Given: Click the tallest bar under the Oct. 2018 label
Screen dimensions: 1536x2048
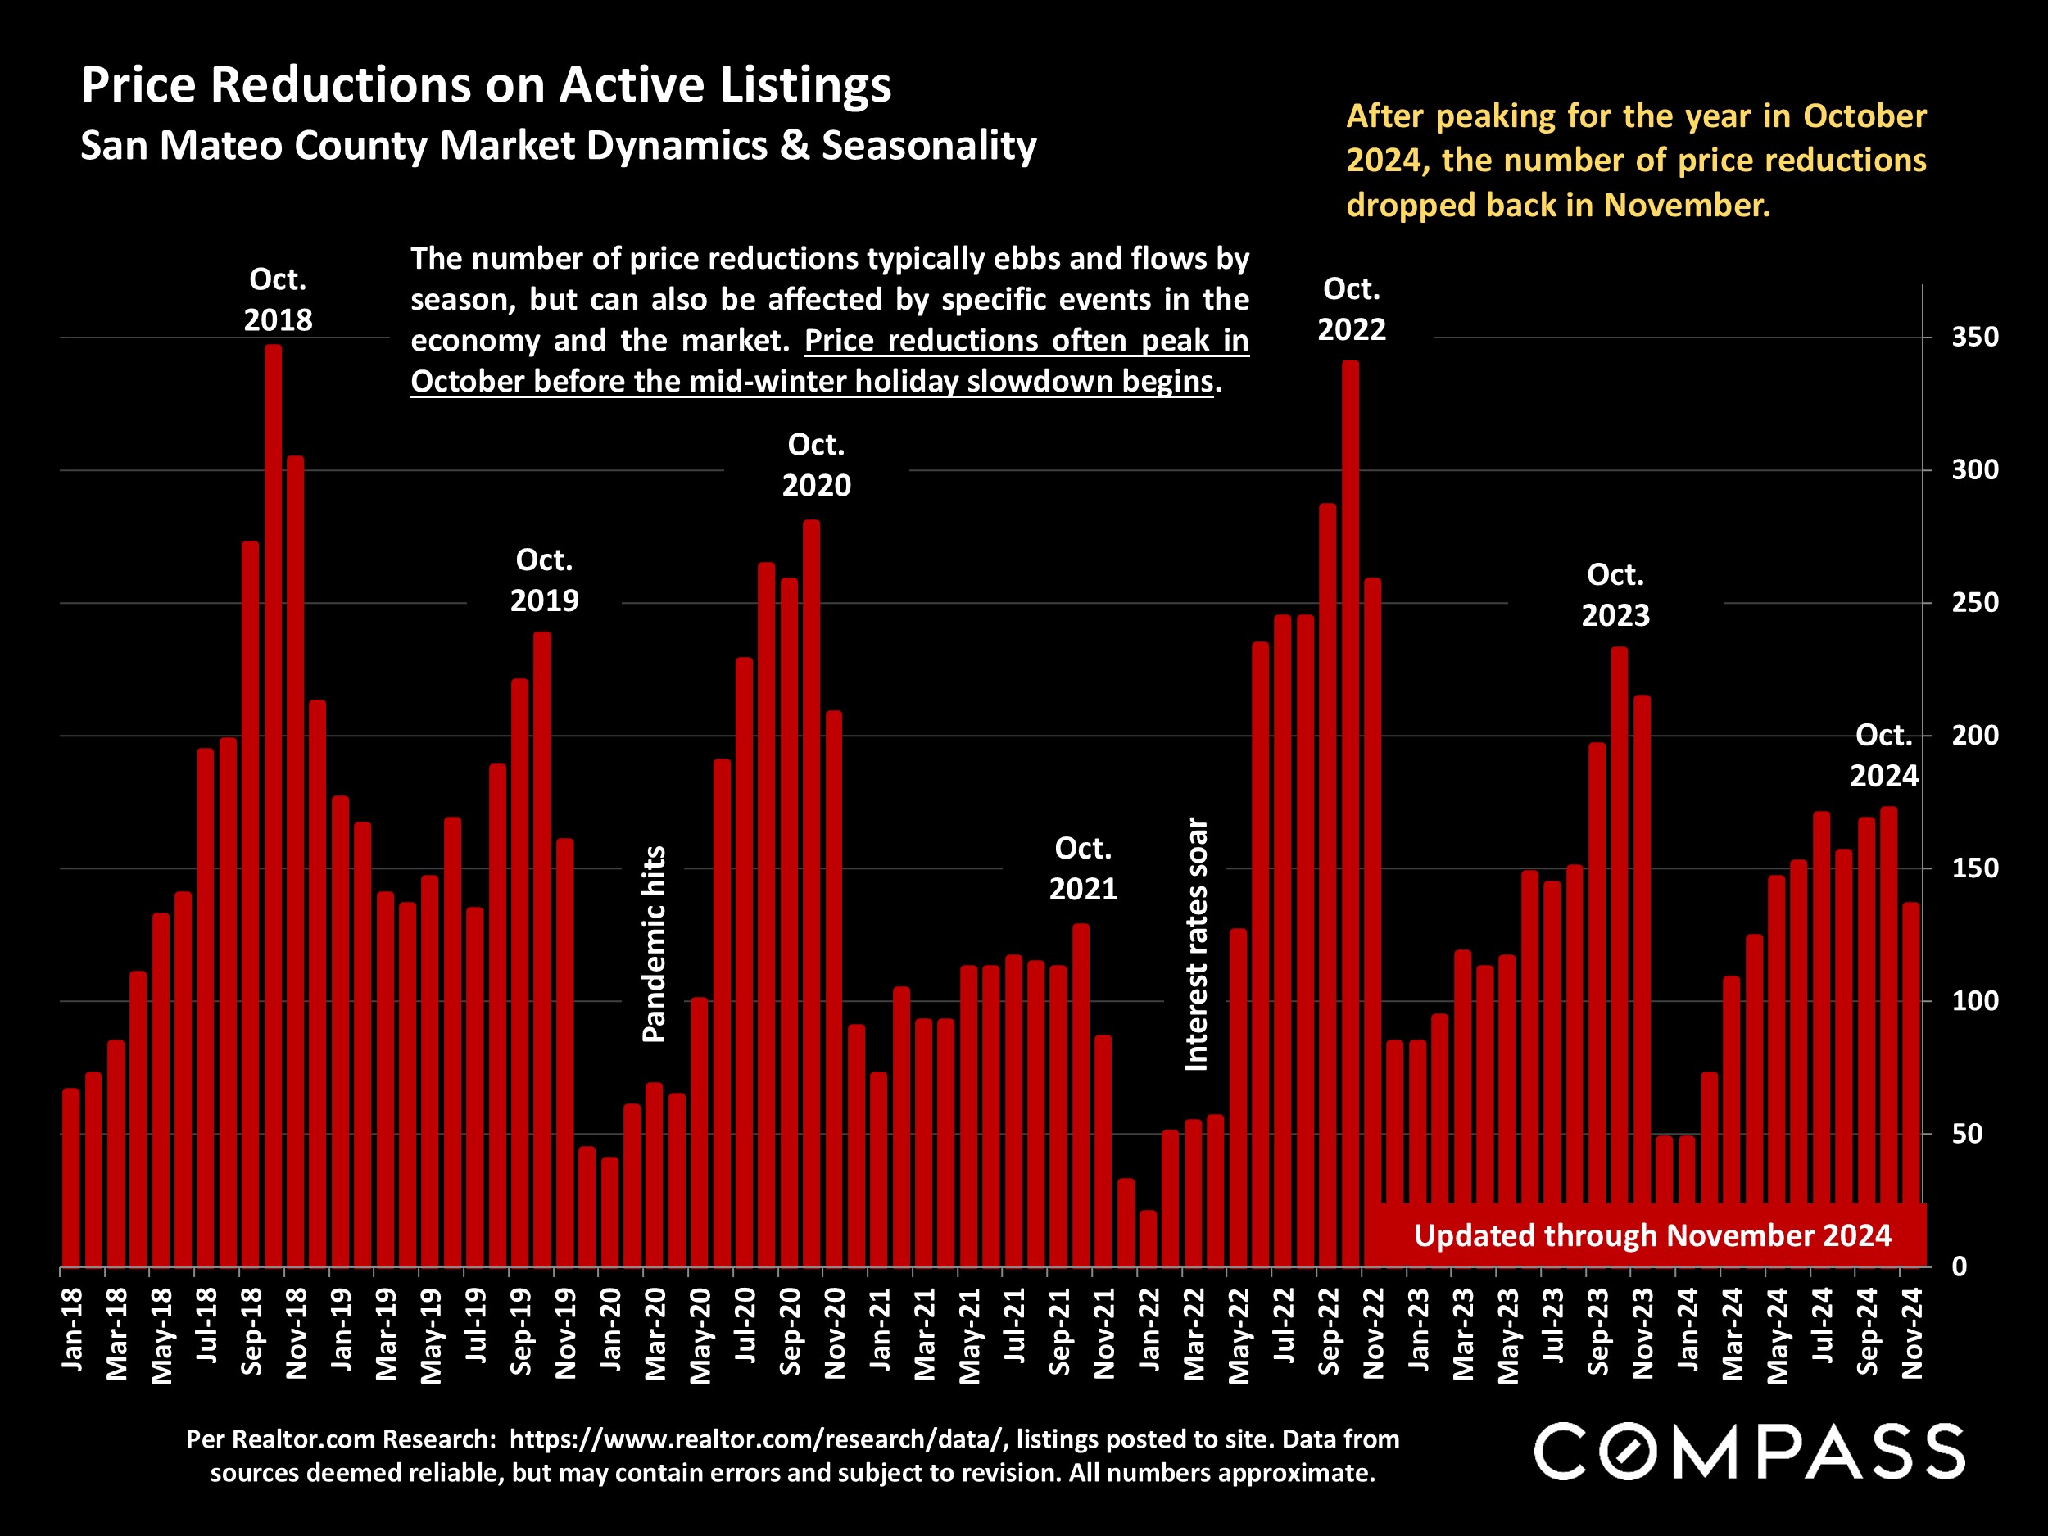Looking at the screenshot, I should click(x=273, y=805).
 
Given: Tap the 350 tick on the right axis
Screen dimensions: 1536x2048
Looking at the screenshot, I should click(x=1975, y=337).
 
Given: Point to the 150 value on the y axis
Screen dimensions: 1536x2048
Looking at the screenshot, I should click(x=1975, y=868).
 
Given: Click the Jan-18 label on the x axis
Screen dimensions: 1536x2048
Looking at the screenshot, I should click(x=72, y=1329).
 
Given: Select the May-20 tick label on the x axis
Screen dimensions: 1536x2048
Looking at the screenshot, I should click(x=701, y=1336).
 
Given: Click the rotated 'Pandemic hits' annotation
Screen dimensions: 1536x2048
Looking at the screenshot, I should click(x=655, y=945).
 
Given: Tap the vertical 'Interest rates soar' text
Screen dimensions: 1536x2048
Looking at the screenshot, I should click(x=1196, y=945).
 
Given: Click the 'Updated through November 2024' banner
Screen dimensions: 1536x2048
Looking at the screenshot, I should click(x=1652, y=1236).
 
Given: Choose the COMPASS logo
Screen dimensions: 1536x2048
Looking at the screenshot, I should click(x=1749, y=1452).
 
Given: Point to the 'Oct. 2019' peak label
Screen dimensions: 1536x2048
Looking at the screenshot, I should click(x=545, y=581).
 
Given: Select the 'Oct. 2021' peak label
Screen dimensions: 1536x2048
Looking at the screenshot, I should click(x=1082, y=868).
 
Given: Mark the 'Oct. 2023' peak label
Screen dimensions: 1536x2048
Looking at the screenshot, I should click(x=1615, y=595).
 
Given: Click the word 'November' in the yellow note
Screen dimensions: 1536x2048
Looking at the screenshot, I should click(x=1685, y=205).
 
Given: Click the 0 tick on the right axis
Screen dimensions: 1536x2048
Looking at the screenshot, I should click(x=1960, y=1266).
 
